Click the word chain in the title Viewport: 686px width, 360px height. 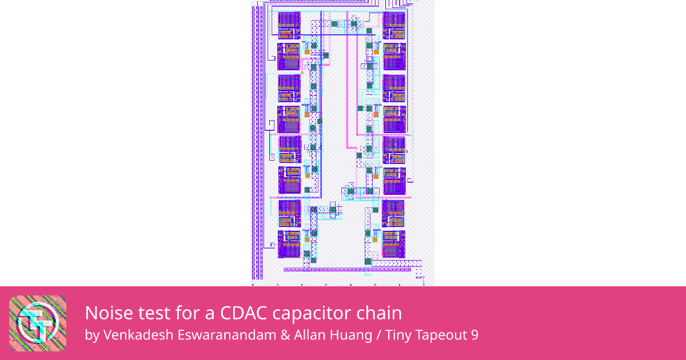[379, 313]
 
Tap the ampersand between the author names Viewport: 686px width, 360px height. [285, 335]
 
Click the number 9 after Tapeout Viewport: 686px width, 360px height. [474, 335]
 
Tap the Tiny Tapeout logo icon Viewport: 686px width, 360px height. [38, 323]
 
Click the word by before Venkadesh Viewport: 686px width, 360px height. [91, 335]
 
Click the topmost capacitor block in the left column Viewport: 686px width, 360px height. [289, 25]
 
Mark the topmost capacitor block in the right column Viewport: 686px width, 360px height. [394, 25]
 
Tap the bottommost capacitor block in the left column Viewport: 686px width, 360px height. [289, 243]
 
